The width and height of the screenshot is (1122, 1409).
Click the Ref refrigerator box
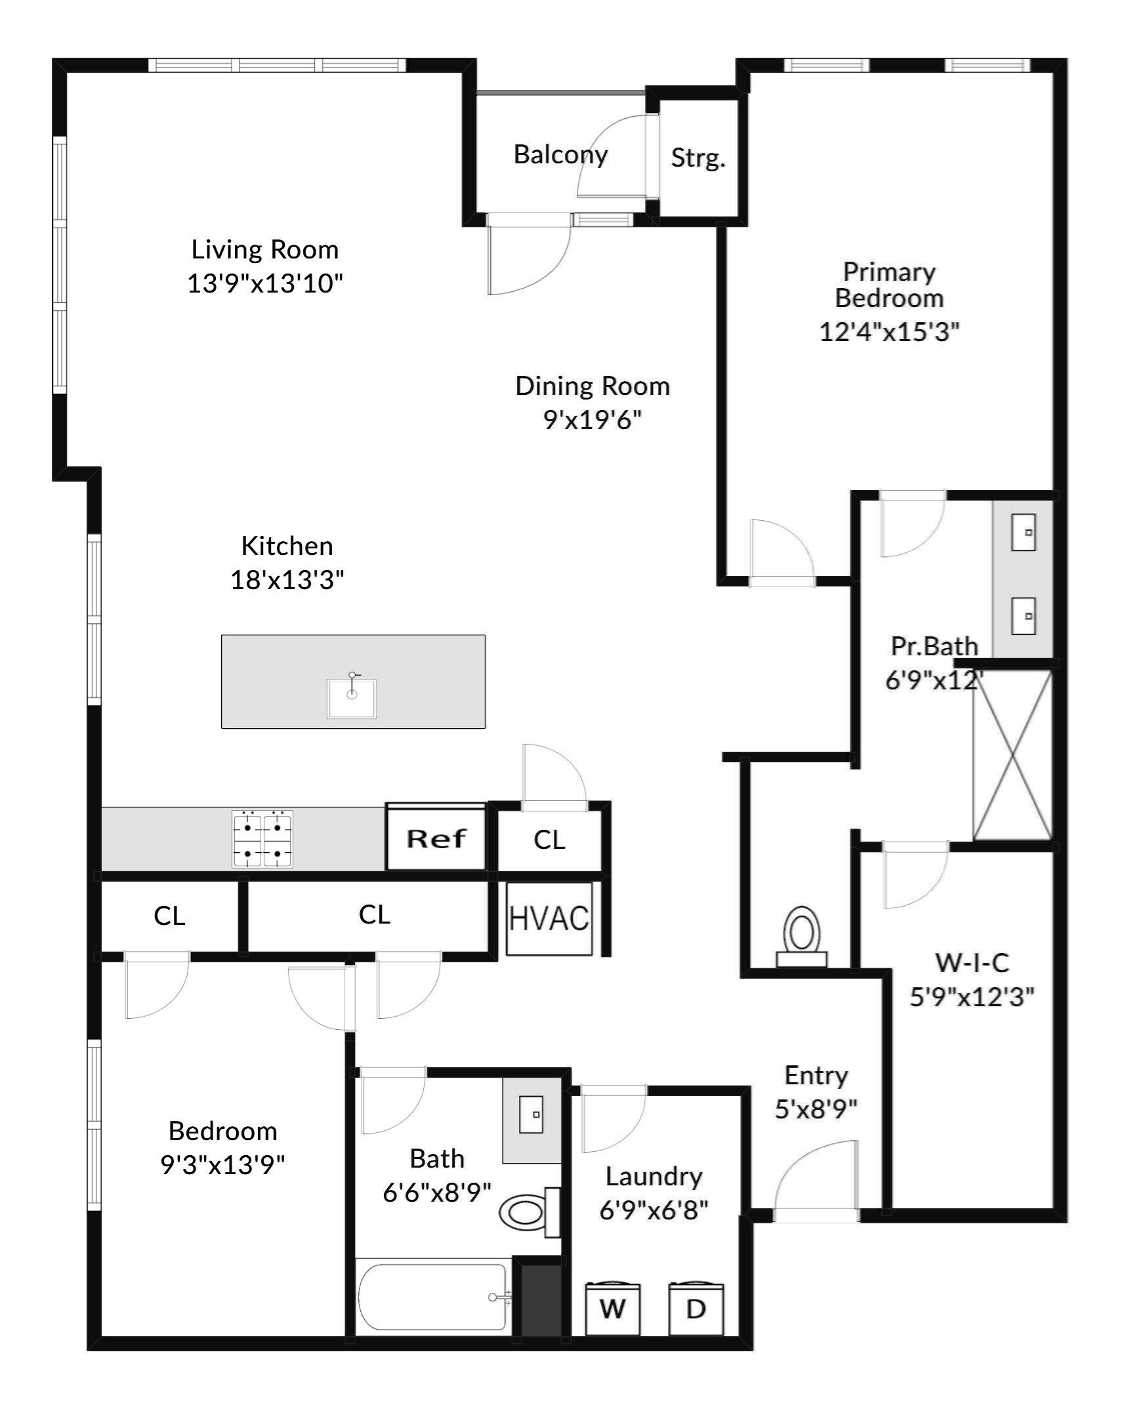(x=436, y=838)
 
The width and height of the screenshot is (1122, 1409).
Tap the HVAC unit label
(x=549, y=918)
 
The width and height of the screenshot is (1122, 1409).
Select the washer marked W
(x=612, y=1309)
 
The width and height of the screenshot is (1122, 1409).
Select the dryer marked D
(x=696, y=1309)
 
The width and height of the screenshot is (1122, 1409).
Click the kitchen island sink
(x=352, y=697)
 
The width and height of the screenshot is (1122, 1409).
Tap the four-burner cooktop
(x=262, y=840)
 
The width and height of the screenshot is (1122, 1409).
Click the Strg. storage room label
(x=698, y=157)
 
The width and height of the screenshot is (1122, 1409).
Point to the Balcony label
(x=560, y=155)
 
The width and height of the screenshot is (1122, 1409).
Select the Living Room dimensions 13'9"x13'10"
(x=265, y=283)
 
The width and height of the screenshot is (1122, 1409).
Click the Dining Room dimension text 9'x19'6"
(x=592, y=419)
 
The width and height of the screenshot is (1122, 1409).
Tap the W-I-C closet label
(x=972, y=963)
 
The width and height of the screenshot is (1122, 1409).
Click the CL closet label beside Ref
(x=549, y=840)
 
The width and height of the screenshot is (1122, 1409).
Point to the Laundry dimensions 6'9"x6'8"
(x=654, y=1210)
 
